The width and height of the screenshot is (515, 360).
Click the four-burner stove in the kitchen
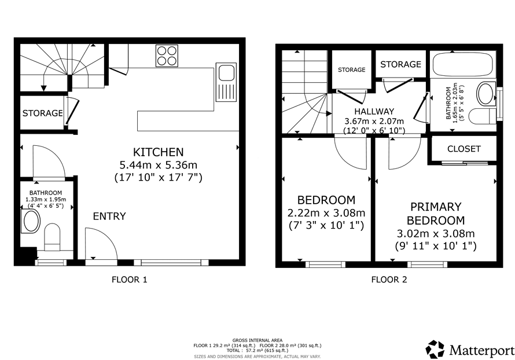(x=167, y=56)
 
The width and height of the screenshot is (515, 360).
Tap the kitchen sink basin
(x=226, y=73)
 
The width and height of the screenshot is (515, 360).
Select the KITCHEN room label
(x=159, y=152)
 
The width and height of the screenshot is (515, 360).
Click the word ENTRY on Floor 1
(x=109, y=216)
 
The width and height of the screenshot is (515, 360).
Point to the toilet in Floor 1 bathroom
(x=52, y=237)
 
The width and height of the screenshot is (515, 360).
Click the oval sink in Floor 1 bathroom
(x=30, y=222)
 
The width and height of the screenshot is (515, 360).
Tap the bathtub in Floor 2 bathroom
(x=462, y=65)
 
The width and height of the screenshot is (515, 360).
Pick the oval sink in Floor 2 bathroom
(x=485, y=94)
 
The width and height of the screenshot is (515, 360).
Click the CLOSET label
(x=463, y=149)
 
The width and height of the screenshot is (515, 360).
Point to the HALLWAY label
(x=374, y=111)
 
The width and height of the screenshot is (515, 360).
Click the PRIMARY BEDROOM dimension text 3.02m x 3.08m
(x=436, y=234)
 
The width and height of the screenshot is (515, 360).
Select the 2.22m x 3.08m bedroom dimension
(x=326, y=213)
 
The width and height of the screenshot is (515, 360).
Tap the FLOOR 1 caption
(x=130, y=280)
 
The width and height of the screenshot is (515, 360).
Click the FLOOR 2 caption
(x=389, y=280)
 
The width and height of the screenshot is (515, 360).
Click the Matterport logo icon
(x=435, y=349)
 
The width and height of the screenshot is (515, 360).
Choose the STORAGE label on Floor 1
(x=42, y=113)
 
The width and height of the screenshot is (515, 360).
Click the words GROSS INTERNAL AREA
(x=257, y=340)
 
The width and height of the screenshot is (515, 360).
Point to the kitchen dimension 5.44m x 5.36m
(x=159, y=164)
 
